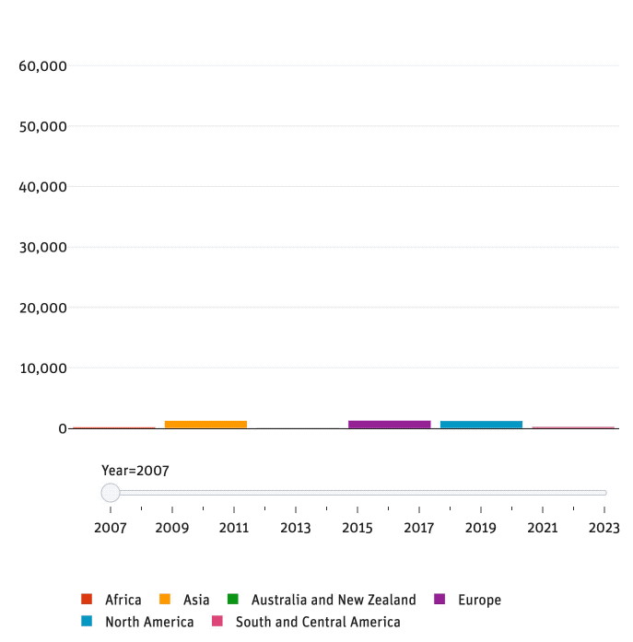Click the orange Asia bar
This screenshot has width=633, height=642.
pyautogui.click(x=205, y=424)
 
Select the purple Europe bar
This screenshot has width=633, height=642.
pyautogui.click(x=389, y=424)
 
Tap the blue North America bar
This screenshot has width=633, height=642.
pyautogui.click(x=481, y=424)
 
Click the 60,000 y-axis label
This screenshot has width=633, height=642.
pyautogui.click(x=42, y=66)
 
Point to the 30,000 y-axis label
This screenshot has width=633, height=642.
pyautogui.click(x=42, y=247)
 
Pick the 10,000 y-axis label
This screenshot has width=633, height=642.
pyautogui.click(x=42, y=368)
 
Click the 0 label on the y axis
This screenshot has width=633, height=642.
pyautogui.click(x=62, y=428)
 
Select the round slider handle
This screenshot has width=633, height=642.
pyautogui.click(x=111, y=493)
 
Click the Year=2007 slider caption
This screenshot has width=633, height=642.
pyautogui.click(x=135, y=471)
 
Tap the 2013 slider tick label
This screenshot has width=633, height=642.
pyautogui.click(x=296, y=528)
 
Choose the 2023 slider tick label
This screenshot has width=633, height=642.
pyautogui.click(x=604, y=528)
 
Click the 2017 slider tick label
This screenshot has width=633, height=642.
pyautogui.click(x=419, y=528)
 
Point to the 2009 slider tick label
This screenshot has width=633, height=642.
pyautogui.click(x=172, y=528)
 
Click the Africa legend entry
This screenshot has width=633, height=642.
pyautogui.click(x=123, y=600)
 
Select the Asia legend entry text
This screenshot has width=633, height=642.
pyautogui.click(x=196, y=600)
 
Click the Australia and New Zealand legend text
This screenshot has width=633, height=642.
pyautogui.click(x=334, y=600)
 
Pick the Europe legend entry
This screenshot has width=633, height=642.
pyautogui.click(x=479, y=600)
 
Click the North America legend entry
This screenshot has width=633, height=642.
pyautogui.click(x=149, y=622)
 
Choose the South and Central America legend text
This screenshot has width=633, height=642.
pyautogui.click(x=318, y=622)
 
